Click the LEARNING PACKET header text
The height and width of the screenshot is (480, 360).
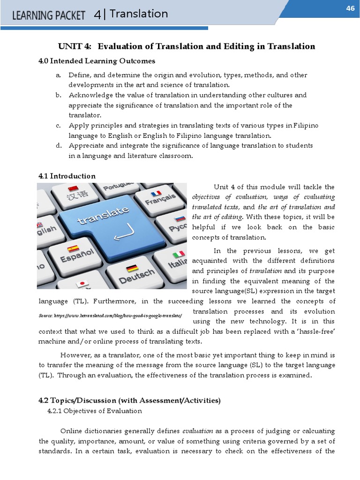[x=49, y=15]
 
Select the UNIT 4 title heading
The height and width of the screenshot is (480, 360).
[x=186, y=46]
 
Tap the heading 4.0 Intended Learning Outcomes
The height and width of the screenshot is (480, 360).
[x=97, y=61]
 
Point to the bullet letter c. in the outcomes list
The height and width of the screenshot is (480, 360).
[x=58, y=126]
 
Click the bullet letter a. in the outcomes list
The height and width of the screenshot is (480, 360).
[x=58, y=75]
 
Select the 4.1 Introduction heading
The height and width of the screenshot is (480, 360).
[x=67, y=176]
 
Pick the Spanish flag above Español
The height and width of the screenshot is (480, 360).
[x=73, y=249]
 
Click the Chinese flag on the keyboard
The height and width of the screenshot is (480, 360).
[x=73, y=189]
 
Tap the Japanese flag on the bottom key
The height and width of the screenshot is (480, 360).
[x=82, y=284]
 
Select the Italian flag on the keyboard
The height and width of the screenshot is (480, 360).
[x=179, y=255]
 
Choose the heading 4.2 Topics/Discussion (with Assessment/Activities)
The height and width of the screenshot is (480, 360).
[x=129, y=400]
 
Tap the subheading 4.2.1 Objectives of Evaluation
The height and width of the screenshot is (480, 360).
[x=95, y=411]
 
